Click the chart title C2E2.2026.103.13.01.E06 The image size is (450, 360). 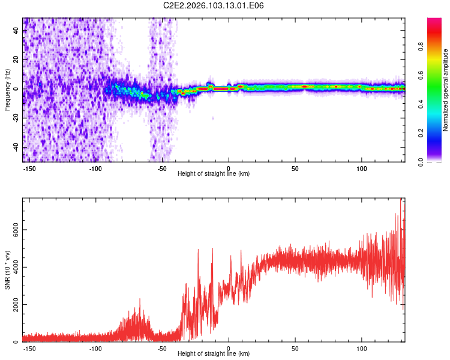point(214,5)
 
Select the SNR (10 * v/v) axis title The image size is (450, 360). point(7,271)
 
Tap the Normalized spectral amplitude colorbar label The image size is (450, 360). point(446,90)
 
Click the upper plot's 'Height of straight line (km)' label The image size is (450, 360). point(214,173)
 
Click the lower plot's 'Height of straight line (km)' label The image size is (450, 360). point(214,353)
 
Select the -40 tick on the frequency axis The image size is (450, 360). point(16,147)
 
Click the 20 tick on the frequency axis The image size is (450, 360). point(16,59)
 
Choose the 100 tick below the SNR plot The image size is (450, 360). point(362,348)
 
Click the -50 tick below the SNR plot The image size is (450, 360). point(162,348)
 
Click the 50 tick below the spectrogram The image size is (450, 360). point(295,167)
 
